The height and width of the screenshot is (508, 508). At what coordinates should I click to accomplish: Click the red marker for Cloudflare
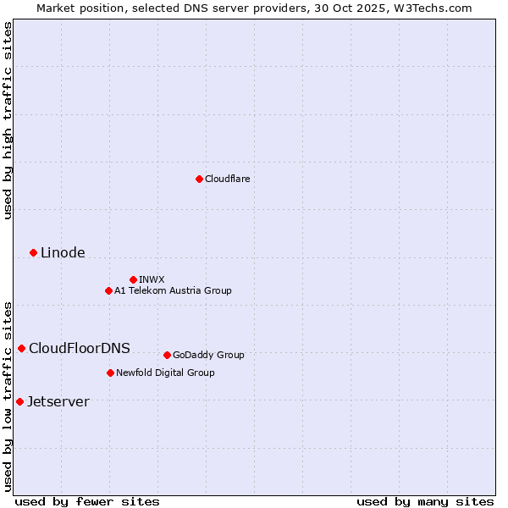[x=199, y=179]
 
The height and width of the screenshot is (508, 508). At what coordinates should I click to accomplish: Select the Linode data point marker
[x=33, y=252]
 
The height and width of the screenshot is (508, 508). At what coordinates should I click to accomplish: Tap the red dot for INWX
[x=133, y=279]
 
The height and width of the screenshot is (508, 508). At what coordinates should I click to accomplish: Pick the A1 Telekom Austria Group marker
[x=108, y=290]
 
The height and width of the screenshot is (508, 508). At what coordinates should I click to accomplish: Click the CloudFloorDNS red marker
[x=21, y=348]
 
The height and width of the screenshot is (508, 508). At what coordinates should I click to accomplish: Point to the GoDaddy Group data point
[x=167, y=355]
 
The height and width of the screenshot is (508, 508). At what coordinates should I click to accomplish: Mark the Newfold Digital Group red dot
[x=110, y=373]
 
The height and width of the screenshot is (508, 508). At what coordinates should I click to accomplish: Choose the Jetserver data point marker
[x=19, y=401]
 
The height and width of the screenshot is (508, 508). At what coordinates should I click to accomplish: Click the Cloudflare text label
[x=227, y=179]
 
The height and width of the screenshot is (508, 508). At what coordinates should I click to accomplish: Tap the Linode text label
[x=63, y=252]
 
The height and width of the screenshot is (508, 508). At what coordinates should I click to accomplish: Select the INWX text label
[x=152, y=279]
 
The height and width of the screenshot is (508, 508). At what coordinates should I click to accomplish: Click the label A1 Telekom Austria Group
[x=173, y=290]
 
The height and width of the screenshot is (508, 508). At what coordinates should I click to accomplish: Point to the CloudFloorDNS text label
[x=80, y=348]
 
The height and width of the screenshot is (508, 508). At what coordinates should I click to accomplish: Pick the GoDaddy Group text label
[x=208, y=355]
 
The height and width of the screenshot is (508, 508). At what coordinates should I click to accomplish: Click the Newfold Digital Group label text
[x=165, y=373]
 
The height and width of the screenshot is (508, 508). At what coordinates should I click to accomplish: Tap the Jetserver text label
[x=58, y=401]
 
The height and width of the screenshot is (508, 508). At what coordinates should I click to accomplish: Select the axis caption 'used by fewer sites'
[x=86, y=501]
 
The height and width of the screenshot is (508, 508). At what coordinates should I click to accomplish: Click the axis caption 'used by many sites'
[x=425, y=501]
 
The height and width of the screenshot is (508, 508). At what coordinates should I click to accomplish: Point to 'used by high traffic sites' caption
[x=8, y=120]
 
